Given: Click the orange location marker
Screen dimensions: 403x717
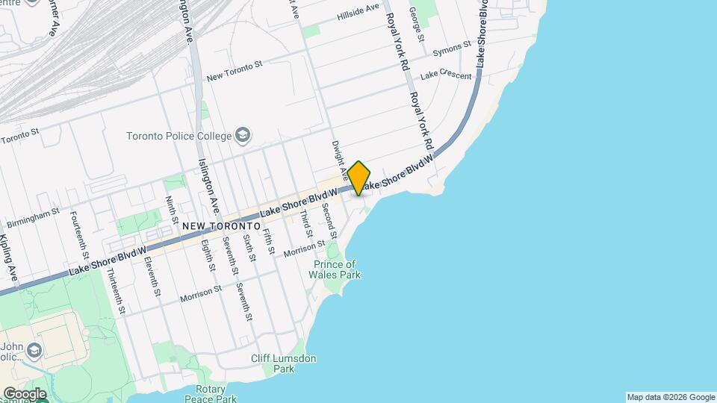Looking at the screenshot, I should pyautogui.click(x=359, y=178).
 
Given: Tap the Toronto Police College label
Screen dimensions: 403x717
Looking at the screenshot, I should pyautogui.click(x=179, y=136).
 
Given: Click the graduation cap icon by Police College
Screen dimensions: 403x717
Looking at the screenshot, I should pyautogui.click(x=243, y=135).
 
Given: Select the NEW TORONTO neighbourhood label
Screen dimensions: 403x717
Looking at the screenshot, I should pyautogui.click(x=221, y=225).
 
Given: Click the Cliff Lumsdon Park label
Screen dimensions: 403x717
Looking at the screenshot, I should pyautogui.click(x=283, y=363).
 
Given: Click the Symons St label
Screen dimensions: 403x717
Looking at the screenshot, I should pyautogui.click(x=453, y=48).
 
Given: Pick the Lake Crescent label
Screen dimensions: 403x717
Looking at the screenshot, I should pyautogui.click(x=446, y=75).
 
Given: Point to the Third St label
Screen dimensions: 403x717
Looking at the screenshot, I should pyautogui.click(x=305, y=222).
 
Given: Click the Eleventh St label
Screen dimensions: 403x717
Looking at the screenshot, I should pyautogui.click(x=153, y=275).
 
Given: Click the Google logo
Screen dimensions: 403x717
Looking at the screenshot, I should pyautogui.click(x=24, y=394).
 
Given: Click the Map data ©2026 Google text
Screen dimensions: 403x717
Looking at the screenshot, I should pyautogui.click(x=670, y=397).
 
